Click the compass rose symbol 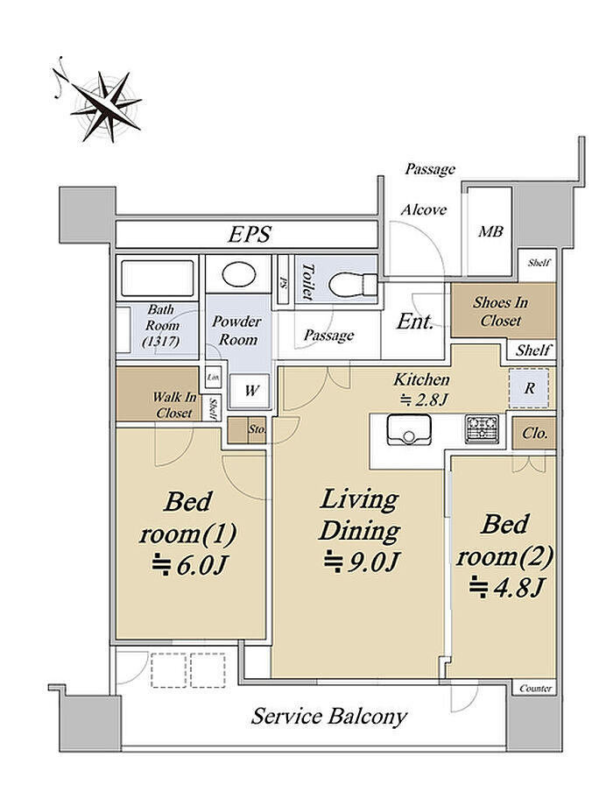(106, 106)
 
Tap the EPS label (250, 234)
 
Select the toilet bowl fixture (353, 285)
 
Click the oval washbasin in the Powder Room (239, 274)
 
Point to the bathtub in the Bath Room (158, 278)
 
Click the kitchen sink (409, 429)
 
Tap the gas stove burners (482, 428)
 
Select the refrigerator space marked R (529, 388)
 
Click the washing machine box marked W (250, 391)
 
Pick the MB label (490, 232)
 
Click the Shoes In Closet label (500, 311)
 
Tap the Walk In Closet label (173, 405)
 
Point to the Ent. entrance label (415, 322)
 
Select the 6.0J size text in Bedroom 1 (190, 565)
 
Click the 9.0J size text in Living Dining (362, 561)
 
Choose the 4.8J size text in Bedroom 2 (506, 586)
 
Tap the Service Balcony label (328, 716)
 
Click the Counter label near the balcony (535, 689)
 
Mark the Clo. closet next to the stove (534, 433)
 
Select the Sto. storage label (257, 429)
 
